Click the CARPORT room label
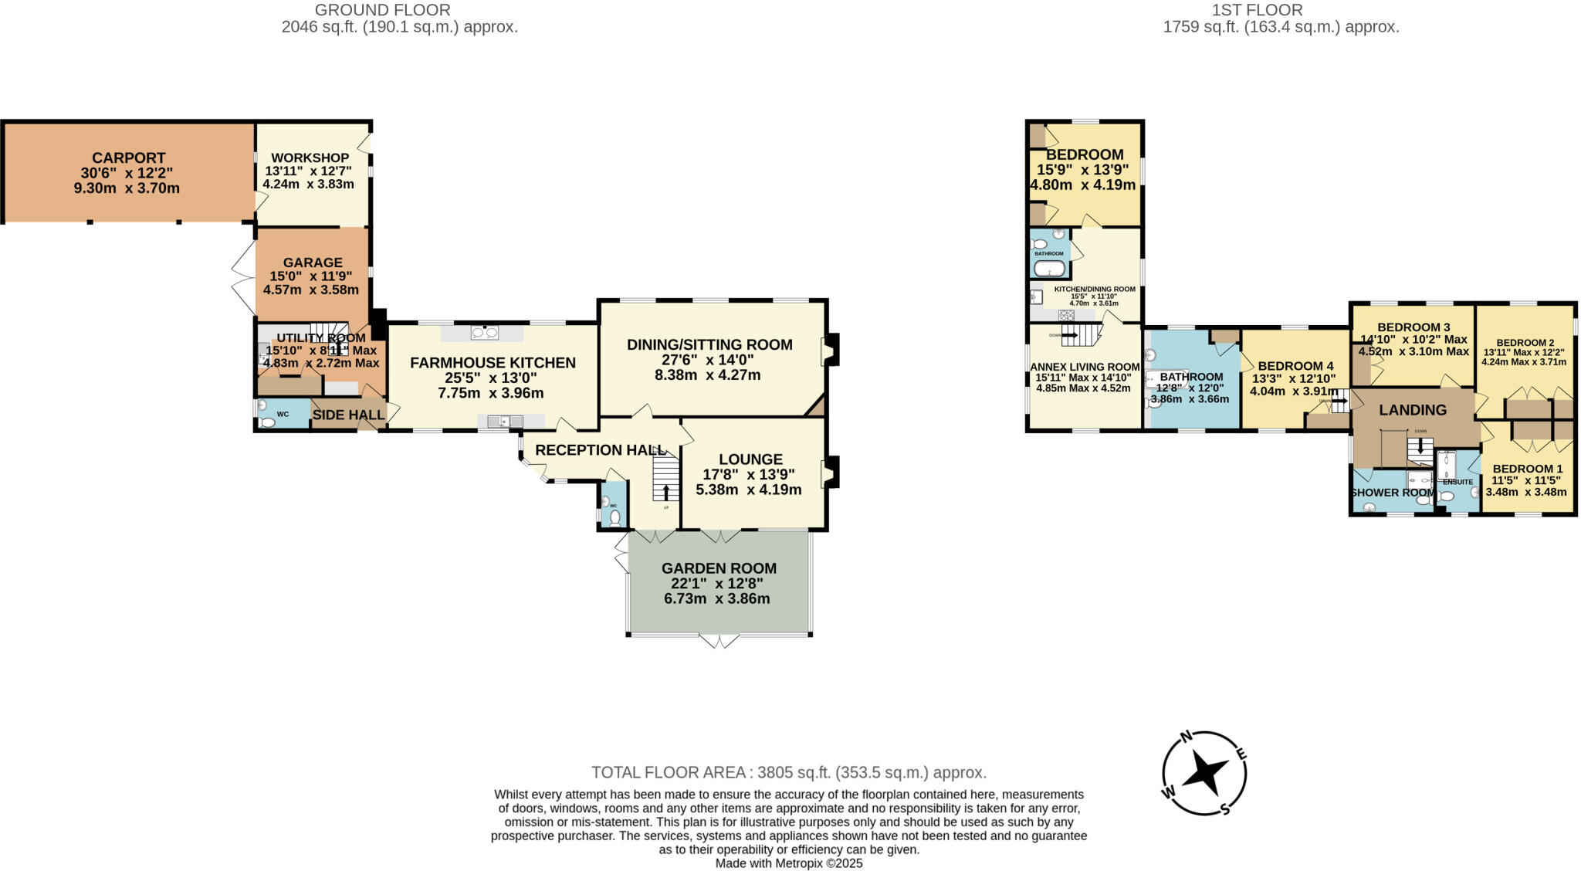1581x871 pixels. point(128,158)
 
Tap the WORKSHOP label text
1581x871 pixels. point(310,158)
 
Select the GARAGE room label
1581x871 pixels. point(312,263)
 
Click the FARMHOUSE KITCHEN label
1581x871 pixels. point(493,363)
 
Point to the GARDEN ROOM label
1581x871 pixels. point(719,568)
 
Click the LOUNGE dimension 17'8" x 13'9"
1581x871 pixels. point(748,475)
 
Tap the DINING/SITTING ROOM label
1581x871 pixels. point(709,345)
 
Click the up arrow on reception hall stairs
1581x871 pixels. point(666,491)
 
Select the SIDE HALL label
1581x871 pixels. point(348,415)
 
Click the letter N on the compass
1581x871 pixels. point(1190,737)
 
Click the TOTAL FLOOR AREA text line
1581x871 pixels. point(789,772)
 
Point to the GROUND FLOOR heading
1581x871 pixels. point(383,10)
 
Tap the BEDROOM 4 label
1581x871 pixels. point(1295,366)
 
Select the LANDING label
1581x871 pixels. point(1413,411)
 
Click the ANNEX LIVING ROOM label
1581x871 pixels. point(1085,367)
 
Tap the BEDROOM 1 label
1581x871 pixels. point(1527,469)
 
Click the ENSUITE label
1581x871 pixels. point(1457,482)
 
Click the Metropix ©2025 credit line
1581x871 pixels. point(788,863)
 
